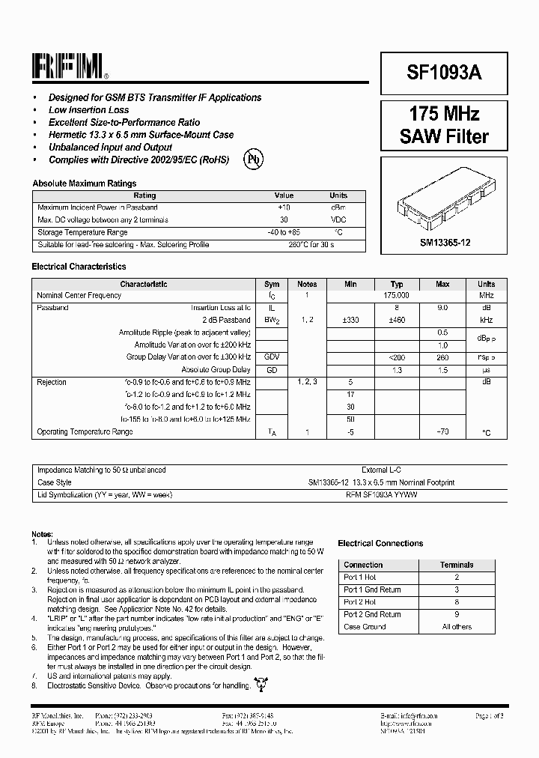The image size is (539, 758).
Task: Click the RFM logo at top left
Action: (70, 68)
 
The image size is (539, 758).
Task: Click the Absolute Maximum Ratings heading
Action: (84, 183)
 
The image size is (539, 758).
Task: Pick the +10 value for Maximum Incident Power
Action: (284, 207)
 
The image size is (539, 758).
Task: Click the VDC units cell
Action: (338, 220)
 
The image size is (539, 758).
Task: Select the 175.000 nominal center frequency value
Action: (397, 296)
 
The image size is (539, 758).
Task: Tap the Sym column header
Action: (272, 284)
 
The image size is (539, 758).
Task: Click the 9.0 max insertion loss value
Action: (442, 308)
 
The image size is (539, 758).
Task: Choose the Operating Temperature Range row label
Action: (85, 432)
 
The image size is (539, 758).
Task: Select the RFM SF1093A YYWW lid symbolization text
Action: (381, 495)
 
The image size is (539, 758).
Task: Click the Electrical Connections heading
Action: (380, 543)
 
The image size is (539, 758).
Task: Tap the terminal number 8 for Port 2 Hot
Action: (456, 602)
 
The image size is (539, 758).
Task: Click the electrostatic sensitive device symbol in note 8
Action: (261, 683)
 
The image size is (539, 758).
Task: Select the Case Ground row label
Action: (365, 627)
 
